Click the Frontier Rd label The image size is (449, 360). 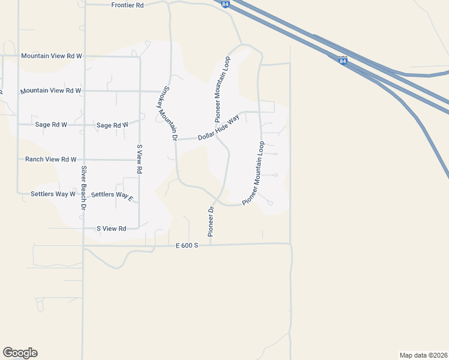[x=128, y=5]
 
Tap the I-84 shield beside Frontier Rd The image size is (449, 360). [x=224, y=4]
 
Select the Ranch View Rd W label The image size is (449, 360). [x=50, y=160]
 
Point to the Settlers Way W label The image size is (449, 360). [x=53, y=194]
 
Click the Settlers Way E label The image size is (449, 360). [x=112, y=195]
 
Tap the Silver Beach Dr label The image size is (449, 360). [x=84, y=188]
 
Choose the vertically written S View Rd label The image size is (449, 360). [x=139, y=159]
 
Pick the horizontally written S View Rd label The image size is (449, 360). [x=111, y=229]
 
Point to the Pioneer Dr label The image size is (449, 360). [x=211, y=221]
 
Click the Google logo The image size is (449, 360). [x=20, y=353]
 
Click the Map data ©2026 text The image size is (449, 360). [x=424, y=355]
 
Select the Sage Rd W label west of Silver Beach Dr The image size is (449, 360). [x=51, y=125]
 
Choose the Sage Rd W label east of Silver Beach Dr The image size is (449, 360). [x=112, y=125]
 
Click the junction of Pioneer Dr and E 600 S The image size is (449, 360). [x=211, y=244]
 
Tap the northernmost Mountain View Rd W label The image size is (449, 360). [x=51, y=56]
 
